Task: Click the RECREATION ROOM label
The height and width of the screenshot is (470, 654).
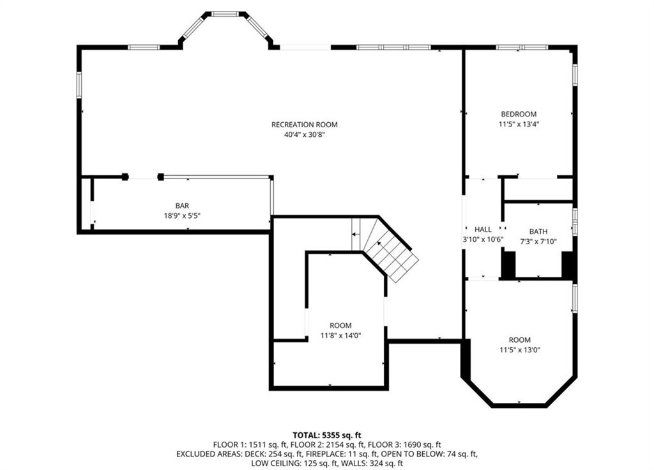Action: pos(304,125)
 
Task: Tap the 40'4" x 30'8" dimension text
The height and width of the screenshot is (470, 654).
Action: pos(304,134)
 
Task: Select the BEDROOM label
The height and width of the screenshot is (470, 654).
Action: pos(519,114)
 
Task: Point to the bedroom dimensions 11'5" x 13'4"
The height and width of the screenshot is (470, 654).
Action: pos(516,124)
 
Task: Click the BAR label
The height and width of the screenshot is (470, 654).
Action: pos(182,205)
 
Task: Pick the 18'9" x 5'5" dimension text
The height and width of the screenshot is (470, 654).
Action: pos(182,215)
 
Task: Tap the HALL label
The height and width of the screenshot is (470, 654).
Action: pos(483,230)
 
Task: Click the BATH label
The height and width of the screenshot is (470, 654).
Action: pos(538,231)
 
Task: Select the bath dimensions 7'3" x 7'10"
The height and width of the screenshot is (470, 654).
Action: pos(538,241)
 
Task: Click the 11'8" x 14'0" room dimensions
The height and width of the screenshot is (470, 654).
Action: pos(341,335)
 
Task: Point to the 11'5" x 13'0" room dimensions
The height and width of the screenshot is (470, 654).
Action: pos(520,350)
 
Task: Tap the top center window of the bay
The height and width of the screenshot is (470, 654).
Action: pos(225,14)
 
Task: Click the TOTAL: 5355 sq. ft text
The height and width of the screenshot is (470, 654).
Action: pos(327,435)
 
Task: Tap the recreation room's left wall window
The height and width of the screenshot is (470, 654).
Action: pos(79,85)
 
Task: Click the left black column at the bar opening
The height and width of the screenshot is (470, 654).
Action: pos(125,176)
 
